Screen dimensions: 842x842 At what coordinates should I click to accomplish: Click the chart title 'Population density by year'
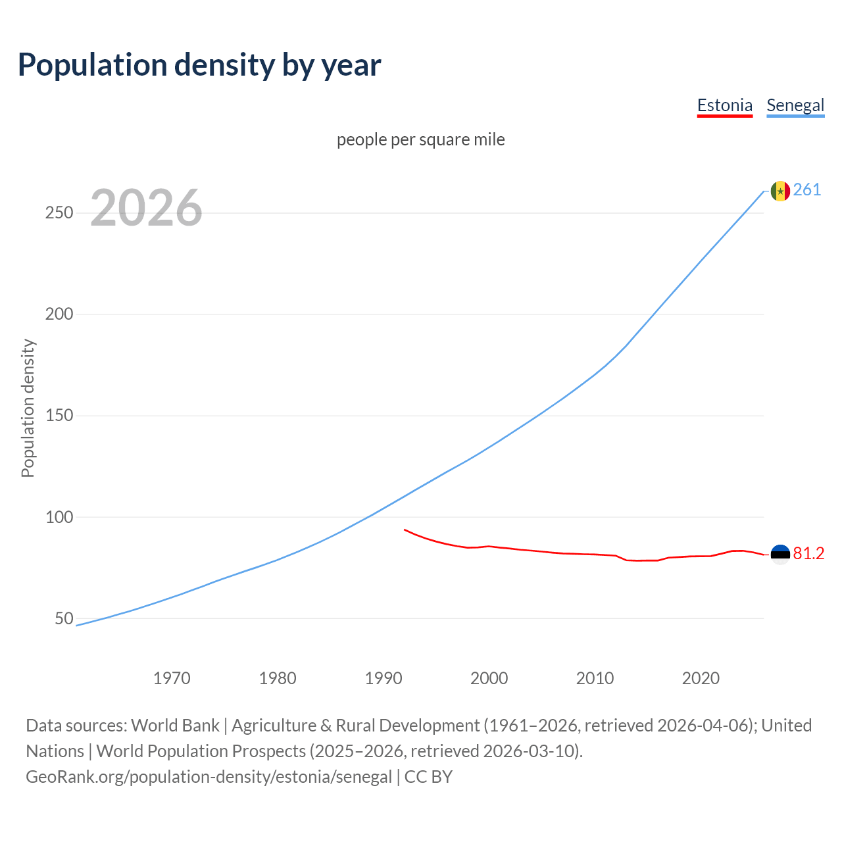199,64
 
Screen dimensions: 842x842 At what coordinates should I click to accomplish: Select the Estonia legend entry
724,105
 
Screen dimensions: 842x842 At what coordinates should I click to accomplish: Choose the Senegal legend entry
795,105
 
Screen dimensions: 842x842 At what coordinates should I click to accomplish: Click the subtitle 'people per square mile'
421,139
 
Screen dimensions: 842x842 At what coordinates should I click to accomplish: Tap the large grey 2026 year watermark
146,208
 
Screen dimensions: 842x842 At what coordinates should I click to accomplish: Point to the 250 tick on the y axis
59,213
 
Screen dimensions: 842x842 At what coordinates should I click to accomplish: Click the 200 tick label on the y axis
59,314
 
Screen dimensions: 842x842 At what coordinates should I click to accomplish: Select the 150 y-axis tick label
59,416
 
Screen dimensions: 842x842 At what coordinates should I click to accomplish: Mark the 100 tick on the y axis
59,517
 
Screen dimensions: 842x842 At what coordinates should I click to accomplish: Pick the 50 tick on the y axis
64,618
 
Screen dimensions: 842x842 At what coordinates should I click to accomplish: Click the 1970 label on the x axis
172,678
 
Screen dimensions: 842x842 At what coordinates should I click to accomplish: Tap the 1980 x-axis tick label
278,678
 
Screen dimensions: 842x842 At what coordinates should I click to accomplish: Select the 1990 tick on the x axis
384,678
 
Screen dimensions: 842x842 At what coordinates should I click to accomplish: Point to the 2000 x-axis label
489,678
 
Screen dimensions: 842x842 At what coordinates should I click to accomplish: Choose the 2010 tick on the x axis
595,678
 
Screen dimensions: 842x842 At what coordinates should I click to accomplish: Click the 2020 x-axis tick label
701,678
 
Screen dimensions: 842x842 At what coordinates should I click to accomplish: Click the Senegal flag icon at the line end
780,191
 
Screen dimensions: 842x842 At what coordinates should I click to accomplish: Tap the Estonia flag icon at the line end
780,555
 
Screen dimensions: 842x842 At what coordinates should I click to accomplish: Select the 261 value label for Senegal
807,190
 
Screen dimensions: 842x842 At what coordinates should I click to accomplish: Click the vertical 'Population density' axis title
28,408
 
